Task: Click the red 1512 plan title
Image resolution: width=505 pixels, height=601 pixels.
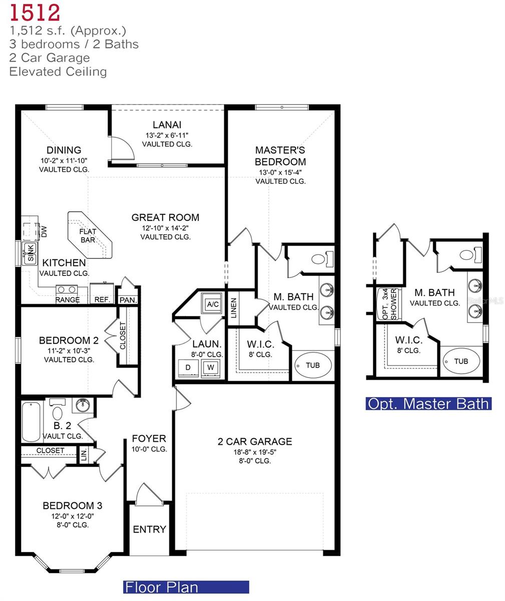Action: click(35, 12)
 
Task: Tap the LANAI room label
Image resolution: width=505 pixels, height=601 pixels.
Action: click(167, 125)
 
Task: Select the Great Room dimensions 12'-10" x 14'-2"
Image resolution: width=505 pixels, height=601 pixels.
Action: click(165, 227)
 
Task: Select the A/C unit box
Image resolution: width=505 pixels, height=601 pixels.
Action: click(212, 303)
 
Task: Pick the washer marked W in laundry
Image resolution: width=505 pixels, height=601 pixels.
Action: click(210, 367)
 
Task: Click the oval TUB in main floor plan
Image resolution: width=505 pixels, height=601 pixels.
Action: click(313, 365)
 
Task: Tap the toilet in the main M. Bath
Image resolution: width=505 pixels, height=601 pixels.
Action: click(319, 259)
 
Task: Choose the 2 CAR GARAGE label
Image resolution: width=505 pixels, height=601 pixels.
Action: click(255, 441)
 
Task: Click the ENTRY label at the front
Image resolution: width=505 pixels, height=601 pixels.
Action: click(149, 529)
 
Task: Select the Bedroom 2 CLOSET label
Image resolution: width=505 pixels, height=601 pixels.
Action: click(123, 336)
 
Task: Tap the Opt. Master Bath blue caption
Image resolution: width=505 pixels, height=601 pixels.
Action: click(428, 403)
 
